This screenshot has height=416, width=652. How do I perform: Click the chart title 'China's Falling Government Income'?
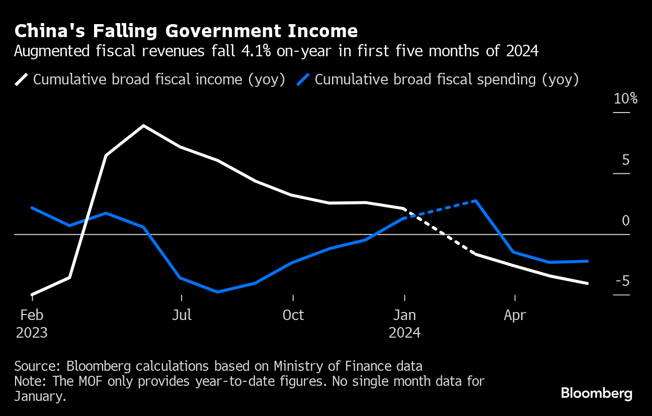click(186, 31)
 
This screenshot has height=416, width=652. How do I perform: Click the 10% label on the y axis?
click(625, 98)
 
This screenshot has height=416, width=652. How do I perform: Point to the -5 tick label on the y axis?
click(622, 281)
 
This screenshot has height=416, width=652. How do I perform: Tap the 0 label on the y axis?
click(625, 221)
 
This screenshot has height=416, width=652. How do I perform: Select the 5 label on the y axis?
click(625, 160)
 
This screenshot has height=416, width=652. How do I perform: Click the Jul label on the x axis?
click(182, 315)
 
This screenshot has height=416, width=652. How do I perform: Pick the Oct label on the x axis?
click(293, 315)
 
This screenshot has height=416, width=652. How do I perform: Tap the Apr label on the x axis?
click(515, 315)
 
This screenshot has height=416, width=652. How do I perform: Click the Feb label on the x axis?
click(32, 315)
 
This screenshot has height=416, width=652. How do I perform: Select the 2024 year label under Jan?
click(404, 333)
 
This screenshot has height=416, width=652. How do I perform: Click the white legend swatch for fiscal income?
click(22, 79)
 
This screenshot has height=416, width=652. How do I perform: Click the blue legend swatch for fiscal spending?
click(303, 79)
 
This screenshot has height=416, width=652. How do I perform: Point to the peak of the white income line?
click(144, 126)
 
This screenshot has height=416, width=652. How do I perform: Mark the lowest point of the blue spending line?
click(217, 292)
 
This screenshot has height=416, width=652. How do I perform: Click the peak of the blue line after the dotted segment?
click(475, 201)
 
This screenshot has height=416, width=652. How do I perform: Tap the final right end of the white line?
click(587, 283)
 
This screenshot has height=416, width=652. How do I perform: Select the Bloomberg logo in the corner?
click(597, 393)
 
